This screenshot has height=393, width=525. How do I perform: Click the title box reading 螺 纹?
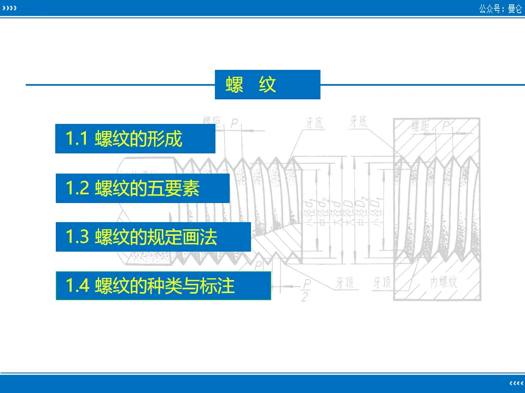[x=267, y=85]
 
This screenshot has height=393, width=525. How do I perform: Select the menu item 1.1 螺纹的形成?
[x=135, y=139]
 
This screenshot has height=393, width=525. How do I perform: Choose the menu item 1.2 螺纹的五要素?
[x=142, y=188]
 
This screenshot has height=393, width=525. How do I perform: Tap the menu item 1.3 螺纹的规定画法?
[x=153, y=237]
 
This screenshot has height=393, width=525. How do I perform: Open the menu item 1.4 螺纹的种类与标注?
[x=163, y=285]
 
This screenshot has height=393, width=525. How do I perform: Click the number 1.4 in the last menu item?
[x=78, y=285]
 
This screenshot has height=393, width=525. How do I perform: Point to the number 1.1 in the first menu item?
[x=77, y=139]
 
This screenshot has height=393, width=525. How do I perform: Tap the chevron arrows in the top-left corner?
[x=9, y=9]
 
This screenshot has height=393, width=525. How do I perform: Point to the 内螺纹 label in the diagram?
[x=444, y=282]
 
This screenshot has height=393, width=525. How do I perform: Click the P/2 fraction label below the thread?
[x=307, y=290]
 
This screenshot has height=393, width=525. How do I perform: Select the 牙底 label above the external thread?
[x=315, y=123]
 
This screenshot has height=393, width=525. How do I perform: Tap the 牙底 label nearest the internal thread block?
[x=359, y=122]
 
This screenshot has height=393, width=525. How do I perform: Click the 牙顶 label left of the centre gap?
[x=345, y=283]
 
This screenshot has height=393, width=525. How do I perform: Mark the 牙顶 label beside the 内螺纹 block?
[x=382, y=283]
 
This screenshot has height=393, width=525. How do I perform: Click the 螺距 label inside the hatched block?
[x=422, y=127]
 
